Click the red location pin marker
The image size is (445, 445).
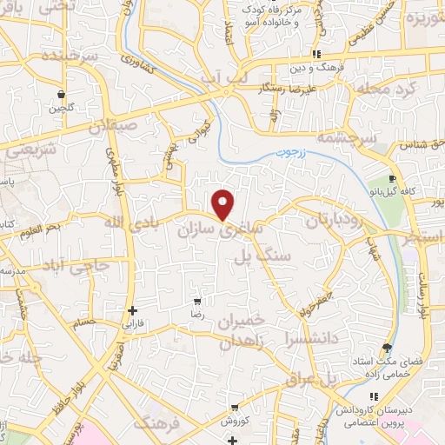224,203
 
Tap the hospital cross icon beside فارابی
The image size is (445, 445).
132,309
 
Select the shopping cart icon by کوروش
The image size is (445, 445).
235,407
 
